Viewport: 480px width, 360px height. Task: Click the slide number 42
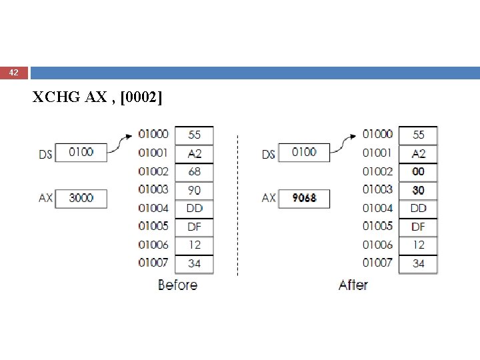14,72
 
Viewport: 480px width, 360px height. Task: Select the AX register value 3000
81,198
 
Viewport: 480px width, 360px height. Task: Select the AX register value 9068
304,198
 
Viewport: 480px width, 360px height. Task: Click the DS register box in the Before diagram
81,152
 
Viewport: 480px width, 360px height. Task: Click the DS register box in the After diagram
304,152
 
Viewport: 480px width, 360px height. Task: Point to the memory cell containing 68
194,172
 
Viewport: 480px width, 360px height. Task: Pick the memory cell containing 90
194,190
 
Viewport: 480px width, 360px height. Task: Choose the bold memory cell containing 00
418,172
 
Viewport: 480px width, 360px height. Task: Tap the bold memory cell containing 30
418,190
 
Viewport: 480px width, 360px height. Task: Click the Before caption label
177,285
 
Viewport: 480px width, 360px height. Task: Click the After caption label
353,285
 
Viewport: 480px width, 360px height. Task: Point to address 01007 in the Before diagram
153,263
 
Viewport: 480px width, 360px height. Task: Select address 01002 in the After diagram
377,171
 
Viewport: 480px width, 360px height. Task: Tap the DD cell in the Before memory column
194,209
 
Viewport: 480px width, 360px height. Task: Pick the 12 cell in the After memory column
418,245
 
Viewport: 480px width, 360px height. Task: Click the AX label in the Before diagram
45,198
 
